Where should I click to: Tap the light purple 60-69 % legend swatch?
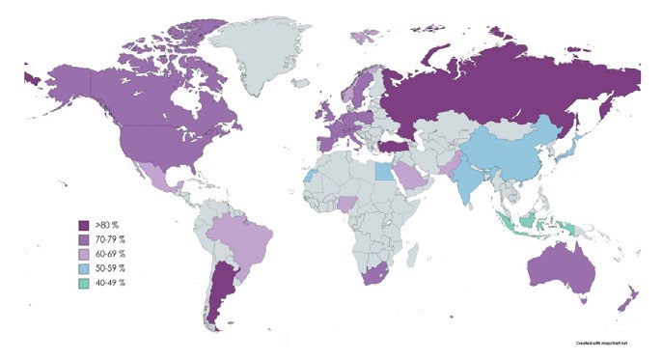pos(87,251)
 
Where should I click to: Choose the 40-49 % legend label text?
pos(113,281)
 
